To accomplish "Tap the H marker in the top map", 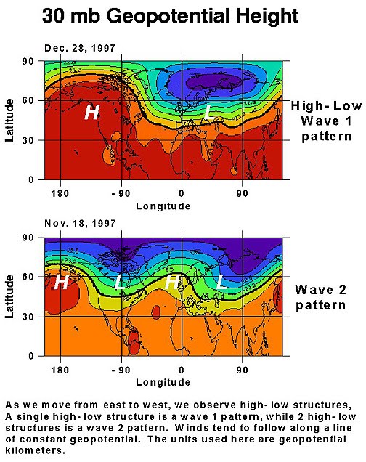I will point(91,112).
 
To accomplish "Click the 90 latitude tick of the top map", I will point(32,62).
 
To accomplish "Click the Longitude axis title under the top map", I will point(163,206).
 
